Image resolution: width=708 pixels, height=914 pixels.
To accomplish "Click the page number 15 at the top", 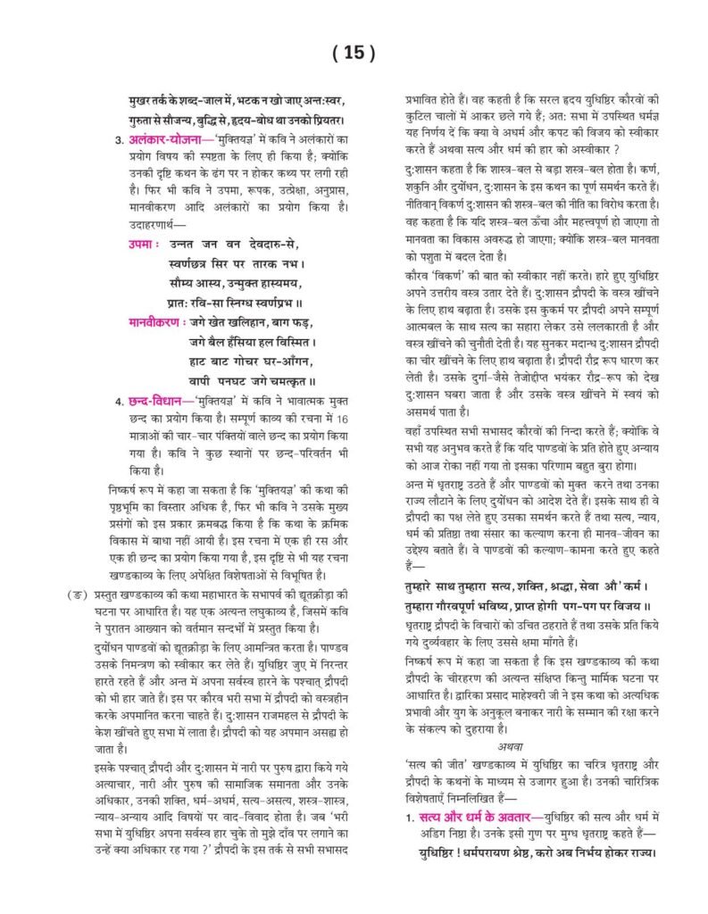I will pos(354,53).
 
